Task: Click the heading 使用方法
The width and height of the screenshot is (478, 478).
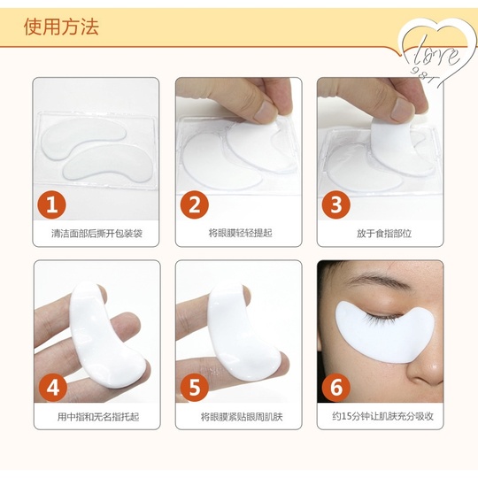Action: (x=61, y=27)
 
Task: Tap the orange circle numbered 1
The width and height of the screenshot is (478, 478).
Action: (x=52, y=204)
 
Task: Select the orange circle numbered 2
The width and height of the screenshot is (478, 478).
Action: (x=195, y=204)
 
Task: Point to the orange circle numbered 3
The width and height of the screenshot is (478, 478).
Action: (x=336, y=204)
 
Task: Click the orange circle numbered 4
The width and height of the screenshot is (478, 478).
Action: (x=53, y=388)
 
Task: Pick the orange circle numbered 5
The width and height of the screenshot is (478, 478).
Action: (x=195, y=388)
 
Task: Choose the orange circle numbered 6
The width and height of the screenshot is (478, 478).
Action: (x=336, y=387)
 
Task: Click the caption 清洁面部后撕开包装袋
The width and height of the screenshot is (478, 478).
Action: (x=96, y=234)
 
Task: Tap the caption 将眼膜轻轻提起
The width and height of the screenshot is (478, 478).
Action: (x=240, y=233)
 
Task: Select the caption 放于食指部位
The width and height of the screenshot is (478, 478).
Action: (x=384, y=233)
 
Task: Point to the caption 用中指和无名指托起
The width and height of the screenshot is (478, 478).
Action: (x=98, y=416)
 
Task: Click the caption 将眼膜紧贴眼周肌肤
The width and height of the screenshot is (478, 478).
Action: (x=242, y=416)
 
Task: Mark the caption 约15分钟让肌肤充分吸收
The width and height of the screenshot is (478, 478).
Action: (x=383, y=416)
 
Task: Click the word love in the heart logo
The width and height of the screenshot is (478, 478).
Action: (x=437, y=55)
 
